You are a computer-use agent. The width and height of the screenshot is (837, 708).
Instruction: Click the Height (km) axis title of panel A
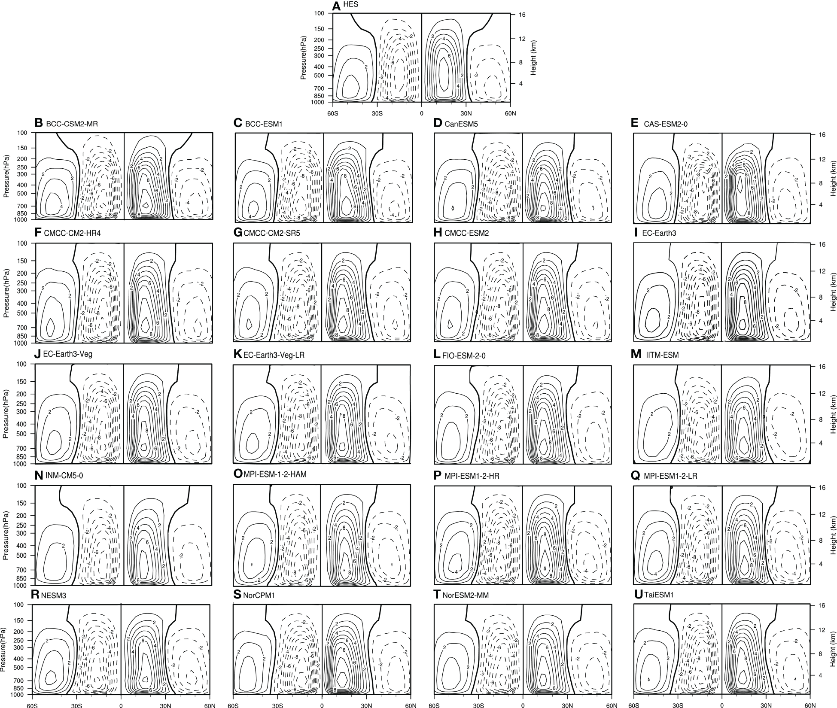point(534,58)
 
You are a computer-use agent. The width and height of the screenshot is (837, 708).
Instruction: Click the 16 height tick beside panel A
point(522,14)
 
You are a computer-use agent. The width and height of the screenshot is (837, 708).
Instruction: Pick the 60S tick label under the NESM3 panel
point(32,705)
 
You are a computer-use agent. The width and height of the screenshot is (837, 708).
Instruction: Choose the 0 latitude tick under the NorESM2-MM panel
point(523,705)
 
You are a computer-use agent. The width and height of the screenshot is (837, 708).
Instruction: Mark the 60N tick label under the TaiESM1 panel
point(810,705)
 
